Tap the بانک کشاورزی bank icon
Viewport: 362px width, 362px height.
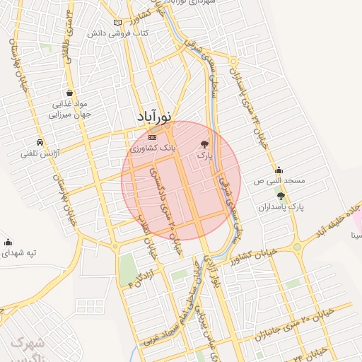click(x=153, y=136)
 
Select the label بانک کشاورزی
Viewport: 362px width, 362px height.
click(x=152, y=150)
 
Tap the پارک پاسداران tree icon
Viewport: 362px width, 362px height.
click(x=281, y=197)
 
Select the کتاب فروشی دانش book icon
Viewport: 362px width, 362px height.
click(x=127, y=23)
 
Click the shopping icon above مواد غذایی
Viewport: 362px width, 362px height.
click(x=69, y=93)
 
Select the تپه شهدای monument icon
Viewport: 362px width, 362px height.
click(x=8, y=241)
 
